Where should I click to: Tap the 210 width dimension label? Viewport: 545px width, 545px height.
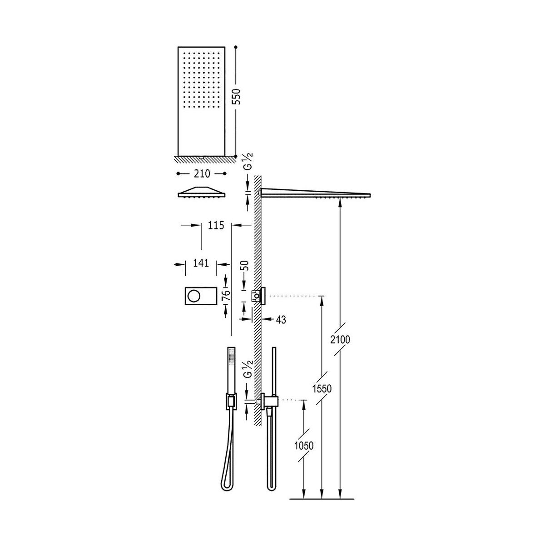pos(202,173)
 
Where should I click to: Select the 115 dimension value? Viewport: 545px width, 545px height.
pos(216,225)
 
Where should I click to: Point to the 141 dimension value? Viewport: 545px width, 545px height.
pos(201,263)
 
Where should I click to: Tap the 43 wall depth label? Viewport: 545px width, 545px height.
pos(281,320)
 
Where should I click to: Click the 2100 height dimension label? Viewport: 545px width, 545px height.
pos(340,339)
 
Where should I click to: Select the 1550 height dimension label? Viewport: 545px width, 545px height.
pos(322,389)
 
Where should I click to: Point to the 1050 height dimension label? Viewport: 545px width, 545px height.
pos(304,446)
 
